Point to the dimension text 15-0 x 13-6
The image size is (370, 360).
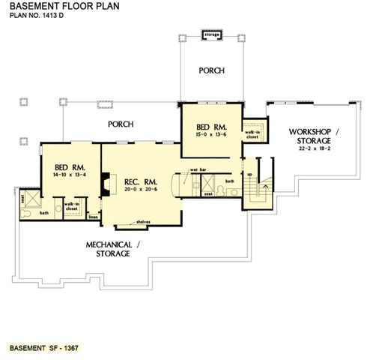tap(210, 134)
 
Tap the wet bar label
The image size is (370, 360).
tap(198, 169)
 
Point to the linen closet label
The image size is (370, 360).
tap(94, 217)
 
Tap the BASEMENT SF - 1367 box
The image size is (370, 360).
tap(44, 349)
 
